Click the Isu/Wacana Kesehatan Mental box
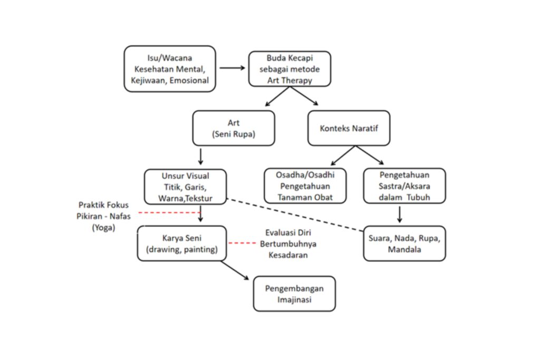point(170,69)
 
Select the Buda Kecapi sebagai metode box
point(290,69)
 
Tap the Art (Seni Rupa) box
point(233,128)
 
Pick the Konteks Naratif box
point(349,128)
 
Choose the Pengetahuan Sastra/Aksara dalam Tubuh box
point(404,186)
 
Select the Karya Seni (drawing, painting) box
point(182,244)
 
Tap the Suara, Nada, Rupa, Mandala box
point(404,244)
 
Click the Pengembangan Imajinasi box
point(294,294)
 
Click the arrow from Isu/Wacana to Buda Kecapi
point(232,68)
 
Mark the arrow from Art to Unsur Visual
point(200,156)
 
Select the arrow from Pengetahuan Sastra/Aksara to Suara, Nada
point(400,213)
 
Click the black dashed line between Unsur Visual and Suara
point(295,216)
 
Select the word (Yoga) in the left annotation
point(103,228)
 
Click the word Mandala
point(404,250)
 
